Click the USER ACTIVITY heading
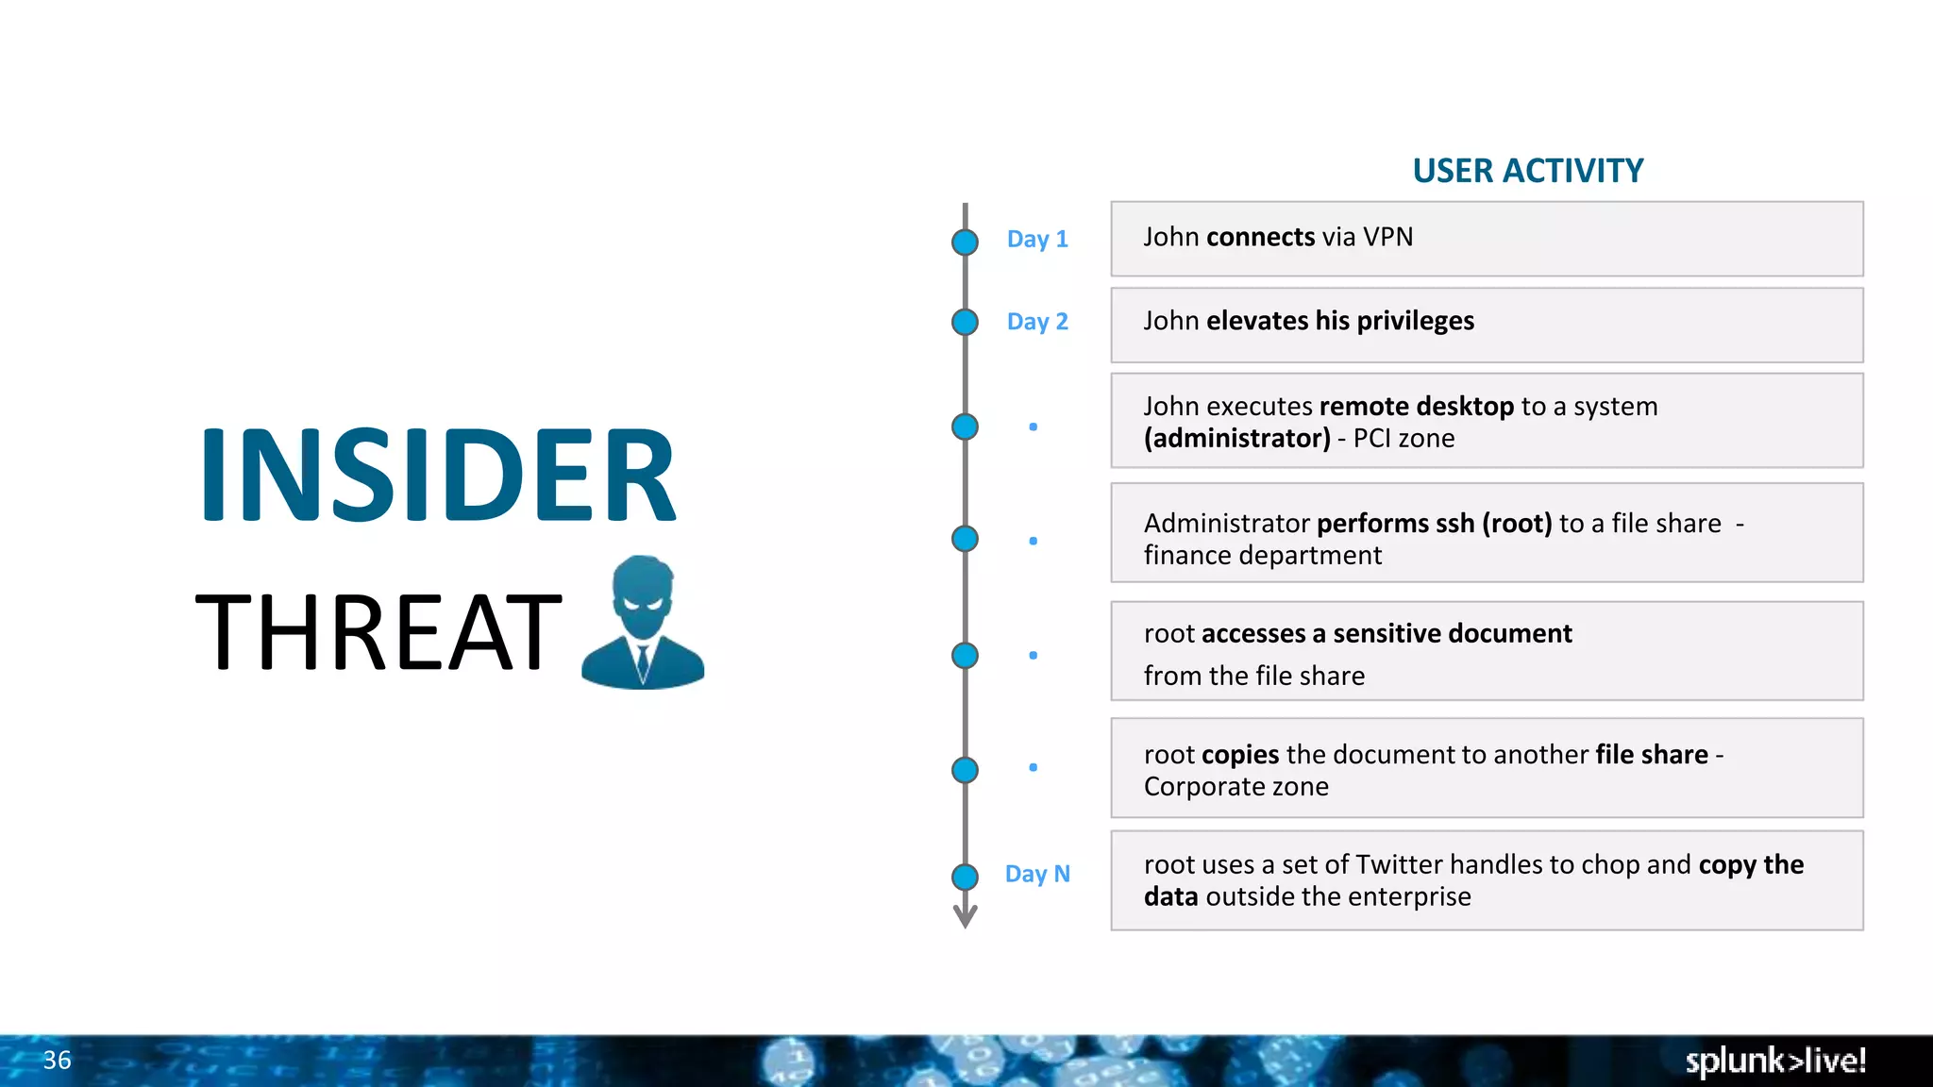pyautogui.click(x=1527, y=171)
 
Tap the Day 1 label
pyautogui.click(x=1036, y=239)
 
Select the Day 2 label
pyautogui.click(x=1036, y=322)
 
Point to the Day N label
pyautogui.click(x=1036, y=874)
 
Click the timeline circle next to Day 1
pyautogui.click(x=965, y=242)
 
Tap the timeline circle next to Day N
pyautogui.click(x=965, y=877)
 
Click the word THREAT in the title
pyautogui.click(x=378, y=632)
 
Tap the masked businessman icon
pyautogui.click(x=643, y=623)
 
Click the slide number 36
pyautogui.click(x=57, y=1061)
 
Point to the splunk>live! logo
pyautogui.click(x=1774, y=1061)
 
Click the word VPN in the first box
pyautogui.click(x=1387, y=237)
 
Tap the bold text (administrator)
pyautogui.click(x=1236, y=439)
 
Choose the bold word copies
pyautogui.click(x=1239, y=755)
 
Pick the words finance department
pyautogui.click(x=1262, y=556)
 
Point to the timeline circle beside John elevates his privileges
pyautogui.click(x=965, y=323)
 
